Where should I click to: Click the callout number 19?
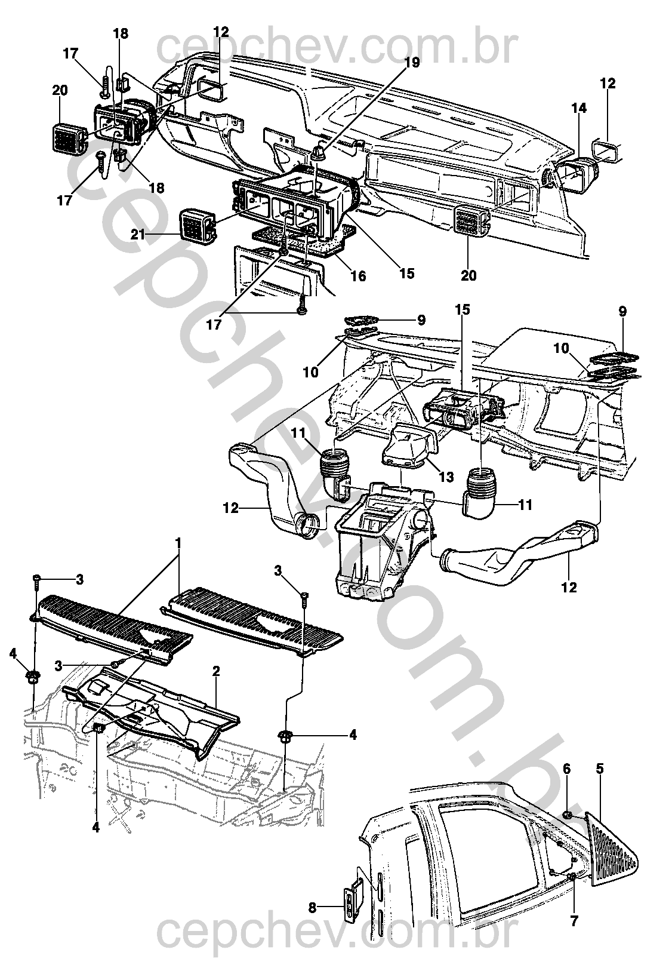[x=413, y=62]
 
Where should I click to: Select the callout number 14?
[x=578, y=108]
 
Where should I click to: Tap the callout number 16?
[x=358, y=276]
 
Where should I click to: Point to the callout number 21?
[x=138, y=235]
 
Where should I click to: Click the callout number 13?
[x=446, y=477]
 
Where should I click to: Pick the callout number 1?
[x=178, y=545]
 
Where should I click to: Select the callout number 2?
[x=216, y=671]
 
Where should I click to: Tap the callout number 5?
[x=599, y=769]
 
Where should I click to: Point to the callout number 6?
[x=567, y=769]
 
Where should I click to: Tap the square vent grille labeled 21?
[x=196, y=227]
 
